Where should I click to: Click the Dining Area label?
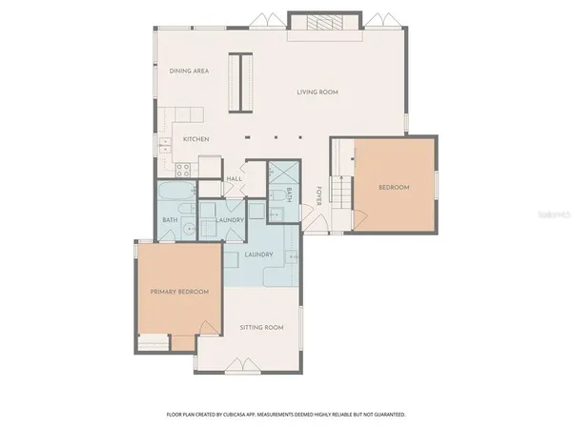(189, 71)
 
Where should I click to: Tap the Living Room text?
(317, 92)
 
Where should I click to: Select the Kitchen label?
(196, 139)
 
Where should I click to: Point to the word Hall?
(234, 178)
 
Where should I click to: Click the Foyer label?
(317, 196)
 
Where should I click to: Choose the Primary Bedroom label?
(179, 291)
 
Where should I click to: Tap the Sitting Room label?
(261, 327)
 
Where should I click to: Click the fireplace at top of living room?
(326, 26)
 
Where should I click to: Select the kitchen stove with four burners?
(184, 169)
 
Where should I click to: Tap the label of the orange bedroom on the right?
(394, 187)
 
